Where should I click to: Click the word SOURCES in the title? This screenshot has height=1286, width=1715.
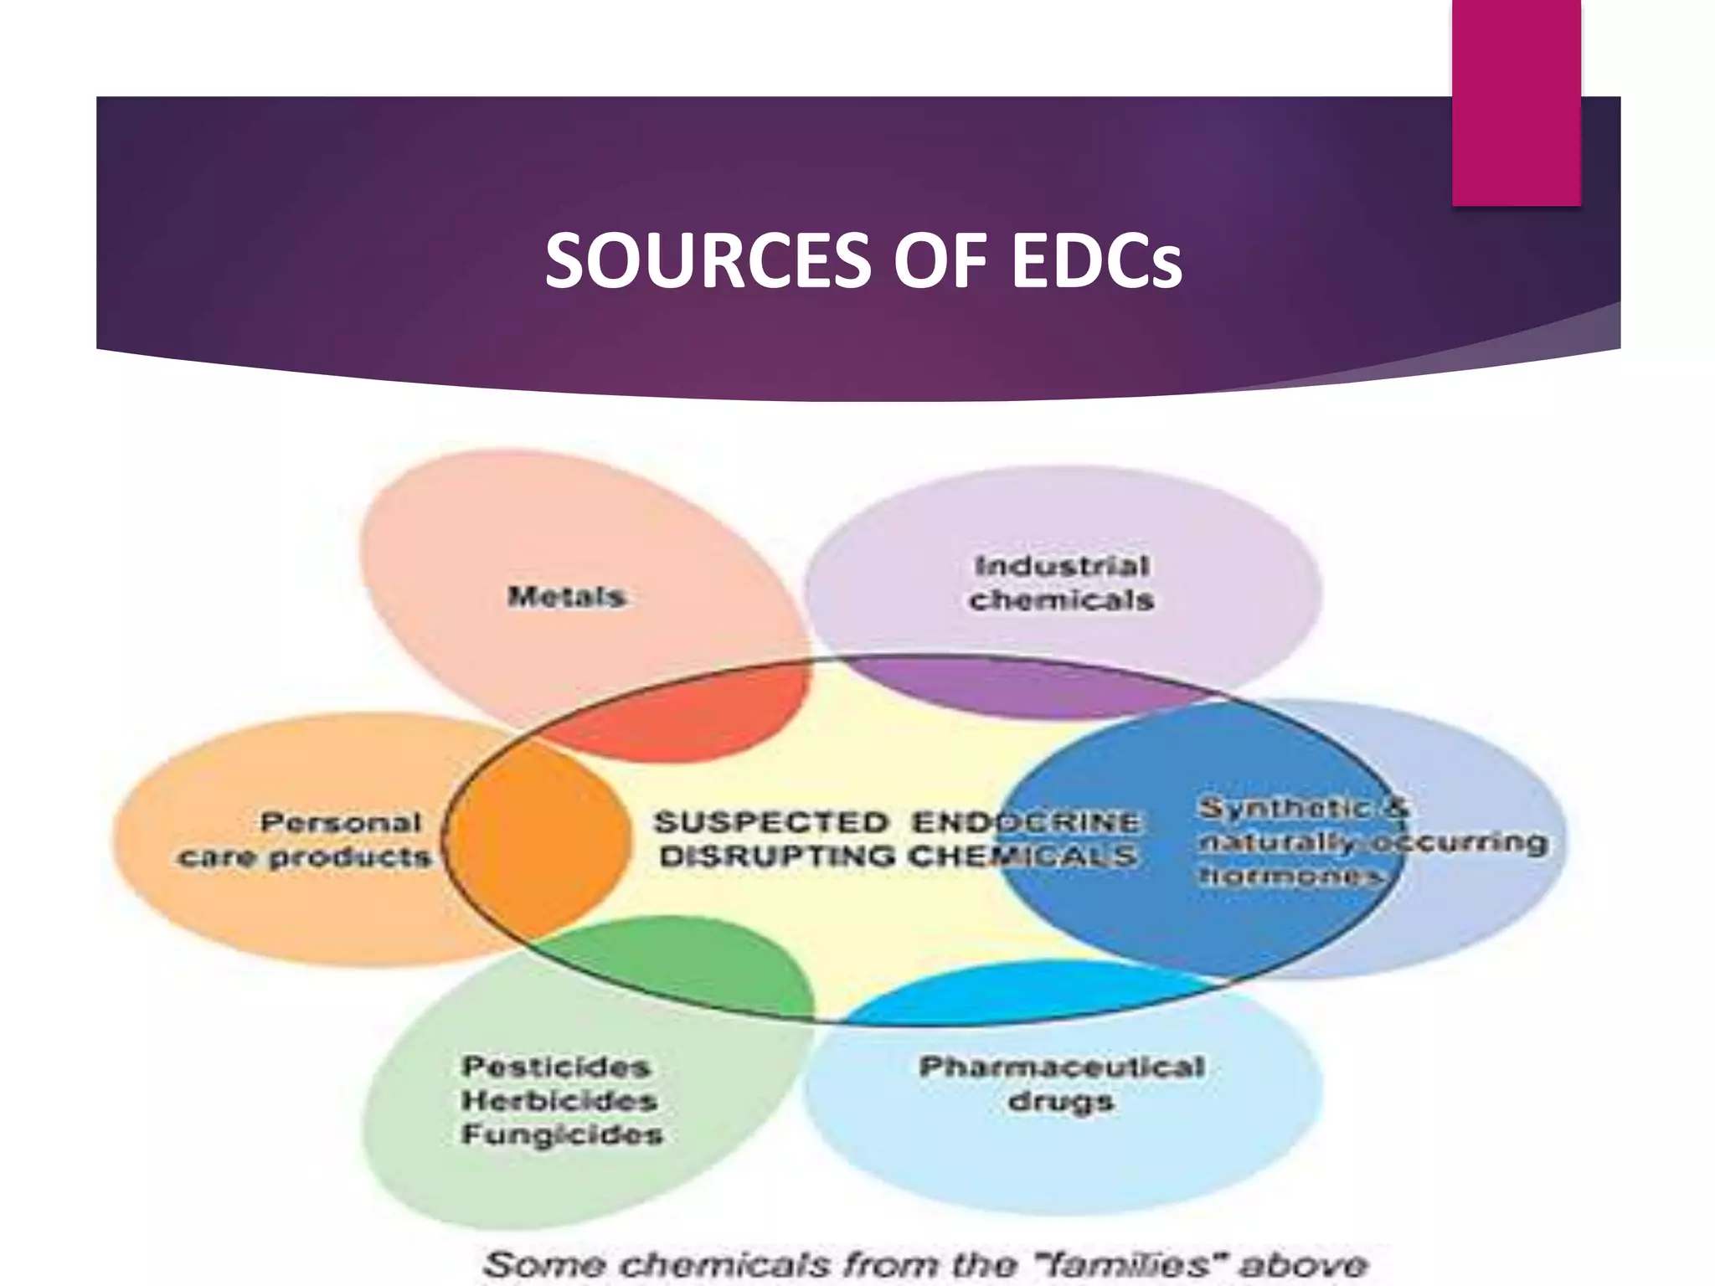point(708,261)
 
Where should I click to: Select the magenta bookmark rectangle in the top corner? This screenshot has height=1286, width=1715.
point(1516,102)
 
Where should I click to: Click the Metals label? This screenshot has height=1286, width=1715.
point(567,596)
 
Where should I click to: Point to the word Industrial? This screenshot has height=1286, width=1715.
point(1062,566)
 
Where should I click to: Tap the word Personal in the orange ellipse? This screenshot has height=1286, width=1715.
point(341,822)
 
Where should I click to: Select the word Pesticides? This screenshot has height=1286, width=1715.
point(556,1066)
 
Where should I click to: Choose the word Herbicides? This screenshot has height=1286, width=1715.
point(559,1100)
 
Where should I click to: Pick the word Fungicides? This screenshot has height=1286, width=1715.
point(562,1134)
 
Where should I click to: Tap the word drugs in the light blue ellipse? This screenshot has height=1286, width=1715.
point(1061,1101)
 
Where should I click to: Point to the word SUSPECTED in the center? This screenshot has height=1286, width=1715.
point(770,822)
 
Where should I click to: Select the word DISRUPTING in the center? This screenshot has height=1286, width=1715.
point(777,856)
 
